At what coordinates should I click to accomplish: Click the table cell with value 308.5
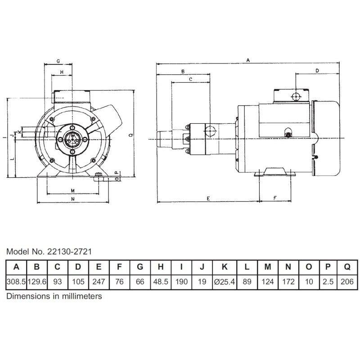16,282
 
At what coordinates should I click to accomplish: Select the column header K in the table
223,267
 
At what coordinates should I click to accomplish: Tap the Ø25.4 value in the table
223,282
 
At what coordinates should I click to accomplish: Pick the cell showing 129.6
37,282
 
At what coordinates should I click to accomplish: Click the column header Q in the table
347,267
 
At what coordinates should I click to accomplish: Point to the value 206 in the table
347,282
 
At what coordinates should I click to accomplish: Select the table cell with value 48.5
161,282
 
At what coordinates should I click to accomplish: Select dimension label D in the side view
317,71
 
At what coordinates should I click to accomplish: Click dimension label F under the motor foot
275,198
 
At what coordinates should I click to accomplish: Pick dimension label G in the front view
58,60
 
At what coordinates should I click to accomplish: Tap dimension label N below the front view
72,198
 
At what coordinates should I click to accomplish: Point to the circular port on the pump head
210,131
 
